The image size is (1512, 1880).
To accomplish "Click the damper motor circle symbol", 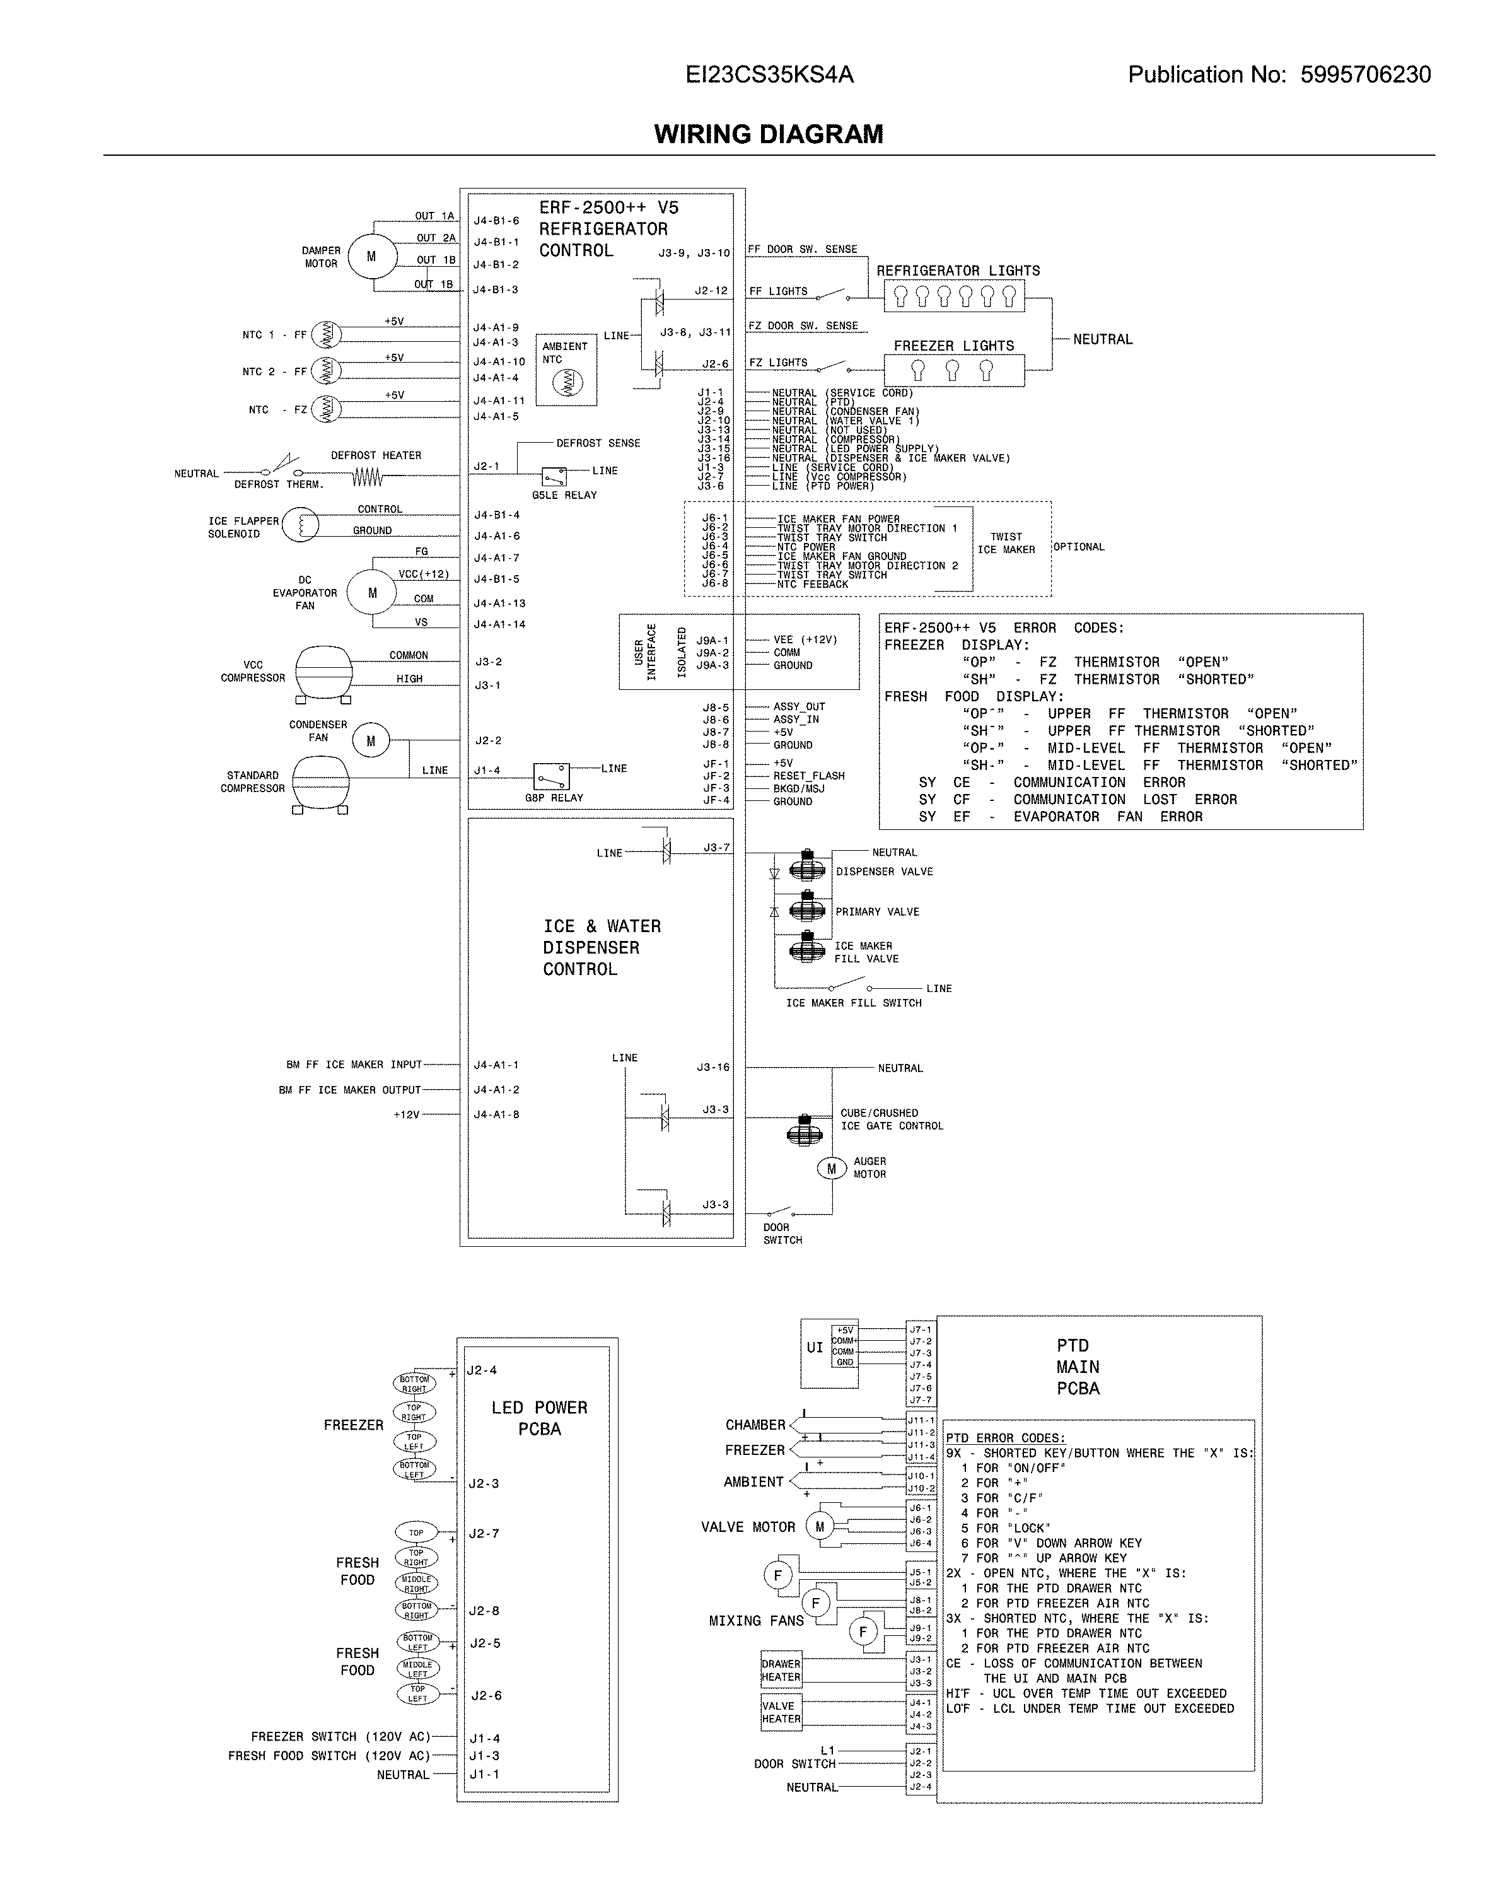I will [x=371, y=256].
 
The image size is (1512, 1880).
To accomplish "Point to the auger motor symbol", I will [x=831, y=1169].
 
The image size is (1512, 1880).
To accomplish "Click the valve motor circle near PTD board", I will [x=820, y=1527].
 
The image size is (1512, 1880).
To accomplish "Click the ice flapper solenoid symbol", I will [x=301, y=526].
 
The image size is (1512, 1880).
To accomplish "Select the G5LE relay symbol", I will [x=554, y=477].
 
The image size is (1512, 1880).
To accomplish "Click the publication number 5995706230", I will [x=1366, y=75].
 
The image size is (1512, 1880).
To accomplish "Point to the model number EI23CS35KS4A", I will [x=769, y=75].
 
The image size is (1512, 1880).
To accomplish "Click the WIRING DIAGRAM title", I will [x=768, y=134].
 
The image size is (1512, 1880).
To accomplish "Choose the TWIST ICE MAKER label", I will [x=1006, y=543].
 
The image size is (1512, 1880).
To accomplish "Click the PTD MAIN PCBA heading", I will [x=1078, y=1367].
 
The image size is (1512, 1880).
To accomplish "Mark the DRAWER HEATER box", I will [x=781, y=1670].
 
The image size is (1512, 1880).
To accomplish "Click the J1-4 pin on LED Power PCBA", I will [x=485, y=1739].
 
